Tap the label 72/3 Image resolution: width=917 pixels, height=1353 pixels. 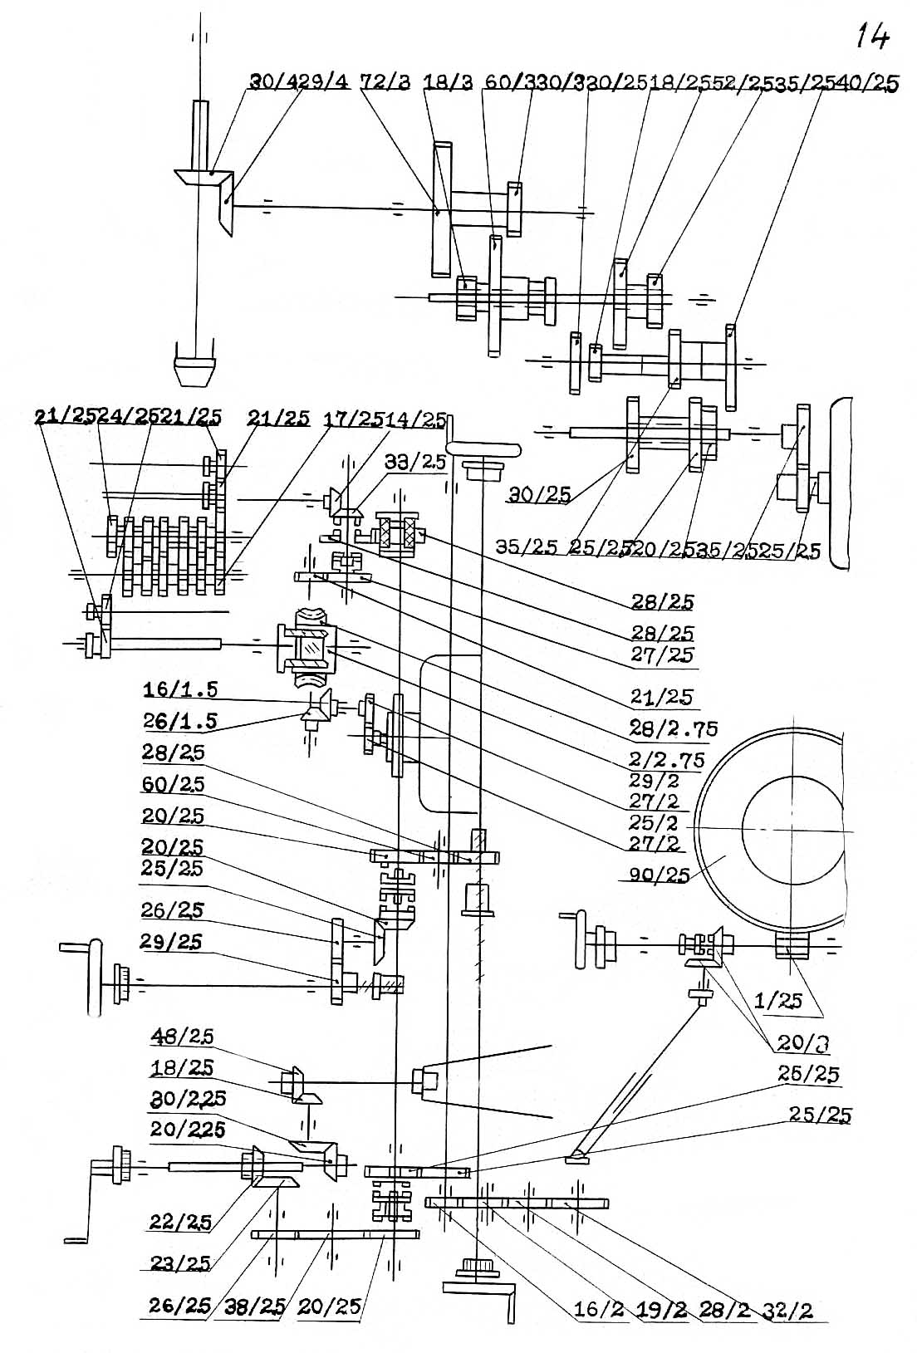[385, 83]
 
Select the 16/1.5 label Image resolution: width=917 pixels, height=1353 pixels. [180, 690]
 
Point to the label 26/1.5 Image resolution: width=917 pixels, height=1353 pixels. [180, 721]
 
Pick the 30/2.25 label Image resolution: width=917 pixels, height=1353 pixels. [188, 1098]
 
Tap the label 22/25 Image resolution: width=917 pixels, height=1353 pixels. [180, 1222]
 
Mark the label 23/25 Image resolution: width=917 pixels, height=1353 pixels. [180, 1263]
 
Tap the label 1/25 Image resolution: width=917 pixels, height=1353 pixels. [778, 1001]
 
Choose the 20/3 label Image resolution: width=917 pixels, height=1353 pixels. [804, 1042]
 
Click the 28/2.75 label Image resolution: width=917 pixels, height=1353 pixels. [673, 728]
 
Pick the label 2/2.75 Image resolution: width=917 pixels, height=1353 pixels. [667, 759]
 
